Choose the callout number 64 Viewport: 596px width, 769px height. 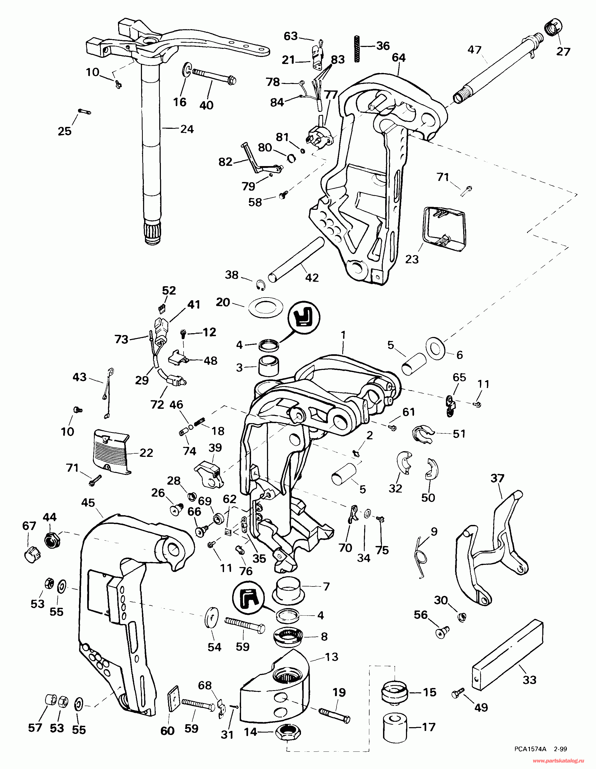(x=398, y=58)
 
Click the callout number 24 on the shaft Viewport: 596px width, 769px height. (x=187, y=129)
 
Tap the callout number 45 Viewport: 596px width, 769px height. (x=88, y=502)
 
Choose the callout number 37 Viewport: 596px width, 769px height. (x=497, y=478)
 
